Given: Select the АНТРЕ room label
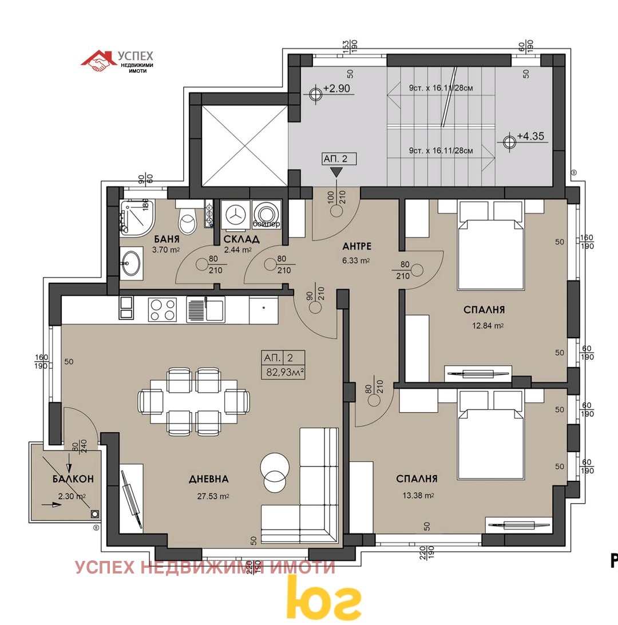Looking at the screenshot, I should pos(357,247).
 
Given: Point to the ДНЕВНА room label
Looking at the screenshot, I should pos(209,479).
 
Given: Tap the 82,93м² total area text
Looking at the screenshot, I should pos(283,372).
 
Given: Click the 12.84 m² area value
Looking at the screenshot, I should pos(484,326).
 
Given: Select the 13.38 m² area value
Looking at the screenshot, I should pos(416,495).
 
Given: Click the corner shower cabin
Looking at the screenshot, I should pos(135,218).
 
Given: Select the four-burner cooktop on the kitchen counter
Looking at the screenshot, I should pos(163,310).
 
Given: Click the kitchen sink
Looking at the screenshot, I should pos(206,310).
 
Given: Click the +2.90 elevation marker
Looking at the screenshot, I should pos(315,93).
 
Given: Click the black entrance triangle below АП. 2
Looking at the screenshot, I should pos(336,171).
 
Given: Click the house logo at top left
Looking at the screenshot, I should pos(98,61).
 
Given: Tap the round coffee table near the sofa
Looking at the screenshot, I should pos(275,472).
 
